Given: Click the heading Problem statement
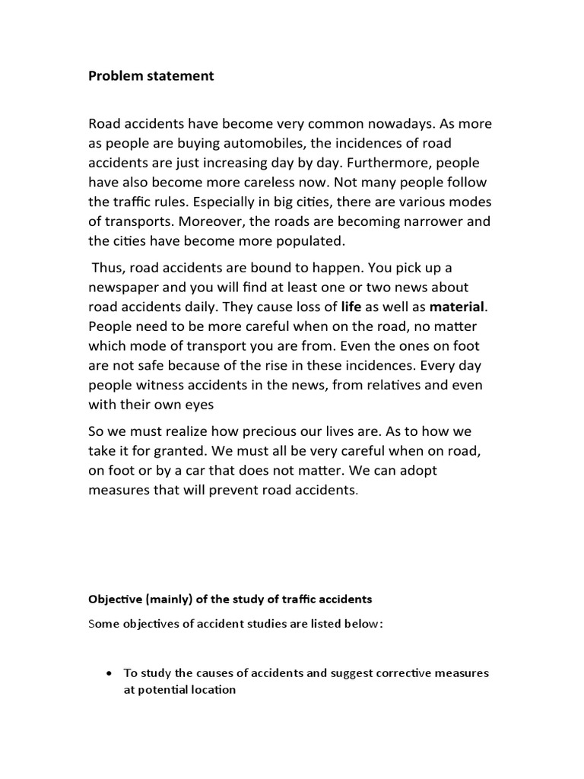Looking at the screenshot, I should [151, 76].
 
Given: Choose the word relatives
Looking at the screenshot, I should [414, 367].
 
